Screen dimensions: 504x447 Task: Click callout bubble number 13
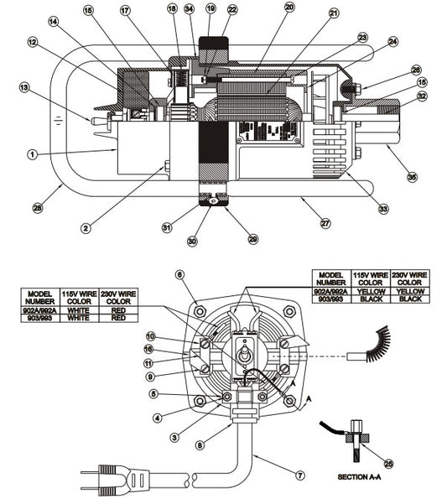[x=23, y=86]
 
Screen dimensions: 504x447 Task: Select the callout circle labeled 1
[x=32, y=154]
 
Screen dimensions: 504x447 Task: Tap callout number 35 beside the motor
[x=412, y=176]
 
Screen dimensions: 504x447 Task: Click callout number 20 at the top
[x=289, y=7]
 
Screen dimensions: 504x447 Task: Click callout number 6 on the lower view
[x=179, y=274]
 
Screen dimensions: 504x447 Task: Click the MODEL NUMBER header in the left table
[x=39, y=299]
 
